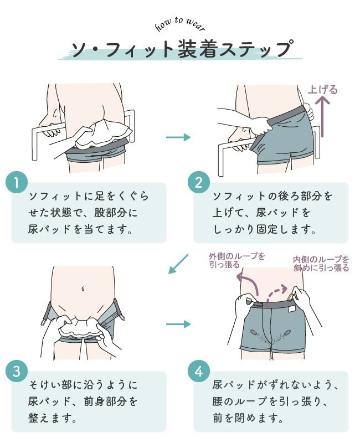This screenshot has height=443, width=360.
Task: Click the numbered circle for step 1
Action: [x=17, y=183]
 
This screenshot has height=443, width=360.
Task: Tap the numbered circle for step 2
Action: [x=199, y=183]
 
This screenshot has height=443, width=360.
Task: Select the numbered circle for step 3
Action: [x=17, y=371]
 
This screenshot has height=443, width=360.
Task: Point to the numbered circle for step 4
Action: [x=199, y=371]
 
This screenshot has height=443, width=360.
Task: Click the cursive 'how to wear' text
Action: [x=180, y=24]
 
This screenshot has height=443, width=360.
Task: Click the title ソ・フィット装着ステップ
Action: [x=181, y=49]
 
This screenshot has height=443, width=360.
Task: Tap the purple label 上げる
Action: [x=323, y=90]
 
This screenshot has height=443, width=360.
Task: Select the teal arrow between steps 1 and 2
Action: [x=178, y=137]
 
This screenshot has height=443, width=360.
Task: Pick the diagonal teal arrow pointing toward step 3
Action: [x=178, y=264]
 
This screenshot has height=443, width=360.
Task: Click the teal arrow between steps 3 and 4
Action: [x=178, y=324]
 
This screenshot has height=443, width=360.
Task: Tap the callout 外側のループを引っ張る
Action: [x=237, y=260]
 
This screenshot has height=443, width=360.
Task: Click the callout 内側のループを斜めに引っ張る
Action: [x=321, y=264]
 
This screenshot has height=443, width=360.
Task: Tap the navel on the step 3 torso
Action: [x=83, y=289]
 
